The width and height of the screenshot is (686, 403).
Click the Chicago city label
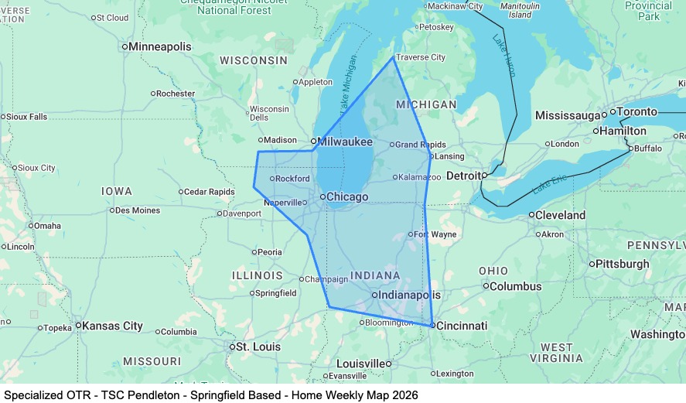point(347,197)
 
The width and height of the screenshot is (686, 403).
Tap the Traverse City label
point(421,57)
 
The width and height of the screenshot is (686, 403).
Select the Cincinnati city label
point(462,326)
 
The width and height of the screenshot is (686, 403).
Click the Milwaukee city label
point(346,142)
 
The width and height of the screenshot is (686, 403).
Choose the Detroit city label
point(464,176)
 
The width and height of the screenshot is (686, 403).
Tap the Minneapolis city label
point(159,47)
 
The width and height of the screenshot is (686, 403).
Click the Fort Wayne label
point(435,234)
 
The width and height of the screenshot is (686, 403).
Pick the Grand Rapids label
point(421,145)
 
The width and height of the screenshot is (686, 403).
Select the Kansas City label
point(112,326)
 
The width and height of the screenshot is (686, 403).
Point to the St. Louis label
point(258,347)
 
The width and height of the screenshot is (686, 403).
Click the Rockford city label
point(292,179)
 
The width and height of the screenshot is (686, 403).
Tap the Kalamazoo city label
point(420,177)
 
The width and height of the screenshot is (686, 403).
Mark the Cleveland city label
point(561,214)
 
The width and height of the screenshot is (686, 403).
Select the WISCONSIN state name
point(254,60)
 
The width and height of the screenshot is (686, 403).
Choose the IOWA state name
point(117,191)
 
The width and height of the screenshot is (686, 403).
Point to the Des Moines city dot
point(113,210)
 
